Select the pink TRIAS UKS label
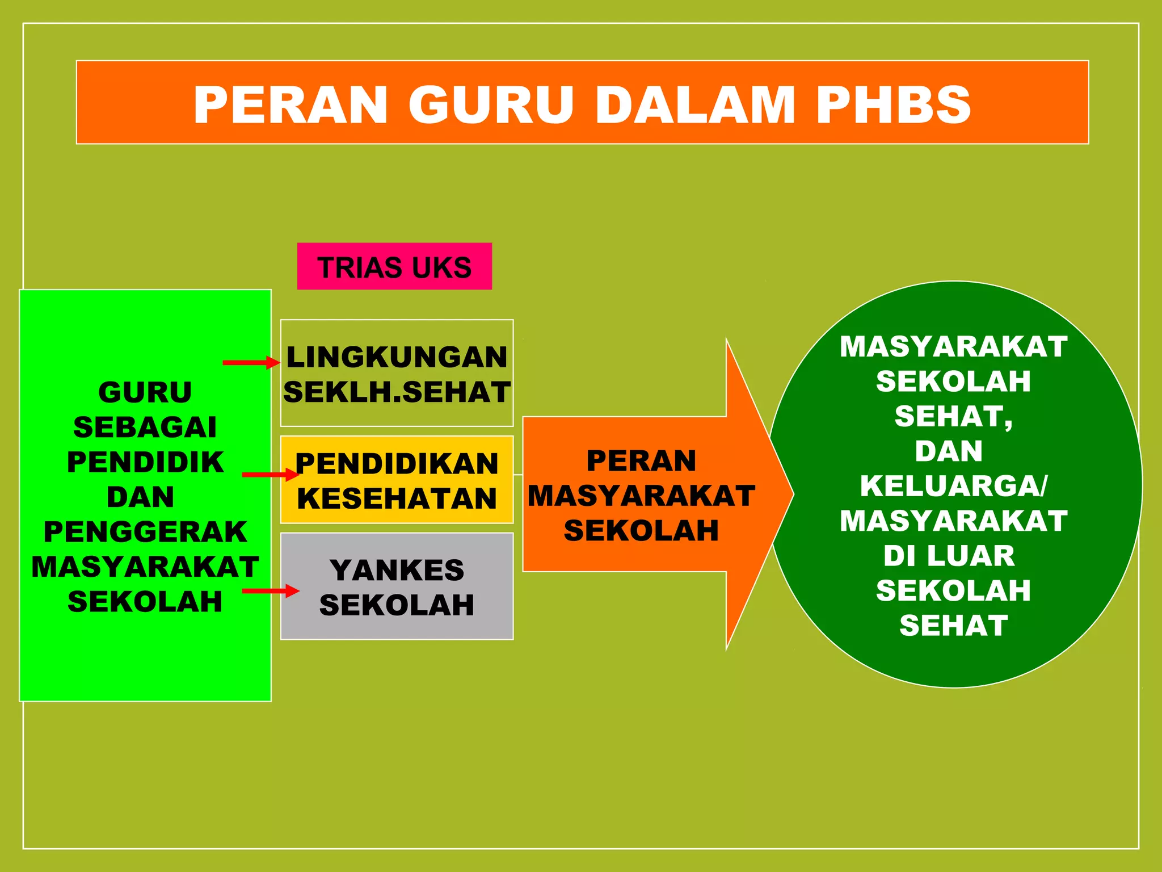click(394, 267)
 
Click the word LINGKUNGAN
click(397, 357)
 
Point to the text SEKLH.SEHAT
click(397, 392)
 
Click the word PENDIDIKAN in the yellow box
click(397, 463)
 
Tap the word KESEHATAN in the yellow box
click(397, 498)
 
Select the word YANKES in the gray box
click(397, 570)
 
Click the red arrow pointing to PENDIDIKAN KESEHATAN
click(270, 474)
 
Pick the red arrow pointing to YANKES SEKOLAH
click(270, 591)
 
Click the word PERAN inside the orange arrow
click(641, 460)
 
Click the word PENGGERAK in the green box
click(145, 532)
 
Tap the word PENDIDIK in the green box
click(145, 462)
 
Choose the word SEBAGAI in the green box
click(145, 427)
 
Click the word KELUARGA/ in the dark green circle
click(953, 486)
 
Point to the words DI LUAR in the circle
click(949, 555)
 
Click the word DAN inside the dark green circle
click(949, 451)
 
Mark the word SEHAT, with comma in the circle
click(953, 416)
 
